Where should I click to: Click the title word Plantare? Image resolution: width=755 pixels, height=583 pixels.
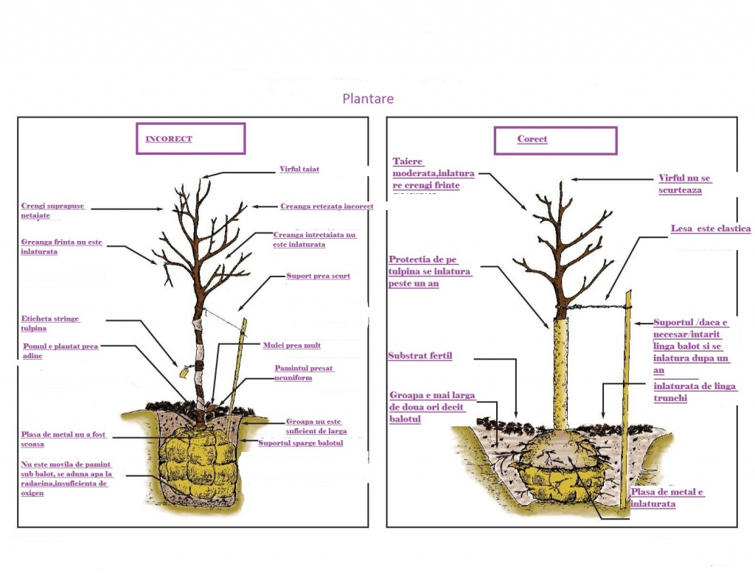point(368,99)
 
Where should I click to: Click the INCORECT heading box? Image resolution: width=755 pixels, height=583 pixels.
point(189,139)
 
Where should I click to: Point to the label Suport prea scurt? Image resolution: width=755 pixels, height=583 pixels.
point(318,276)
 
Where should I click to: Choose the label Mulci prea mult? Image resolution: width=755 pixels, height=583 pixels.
point(292,345)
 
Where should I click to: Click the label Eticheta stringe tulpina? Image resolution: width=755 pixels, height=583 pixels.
point(50,323)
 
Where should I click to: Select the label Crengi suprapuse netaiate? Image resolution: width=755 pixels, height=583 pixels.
point(52,211)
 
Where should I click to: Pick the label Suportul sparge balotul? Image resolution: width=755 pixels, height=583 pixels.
point(300,443)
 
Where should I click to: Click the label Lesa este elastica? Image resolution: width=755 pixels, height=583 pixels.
point(710,229)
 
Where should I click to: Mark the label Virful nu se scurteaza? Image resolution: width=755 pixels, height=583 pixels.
point(685,184)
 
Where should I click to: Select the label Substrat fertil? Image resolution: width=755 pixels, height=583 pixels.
point(420,356)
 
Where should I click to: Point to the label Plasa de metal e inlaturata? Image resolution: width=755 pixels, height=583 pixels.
point(667,498)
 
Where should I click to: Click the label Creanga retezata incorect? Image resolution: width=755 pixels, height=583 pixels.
point(327,206)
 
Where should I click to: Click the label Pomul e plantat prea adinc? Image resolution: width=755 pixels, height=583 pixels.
point(59,350)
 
